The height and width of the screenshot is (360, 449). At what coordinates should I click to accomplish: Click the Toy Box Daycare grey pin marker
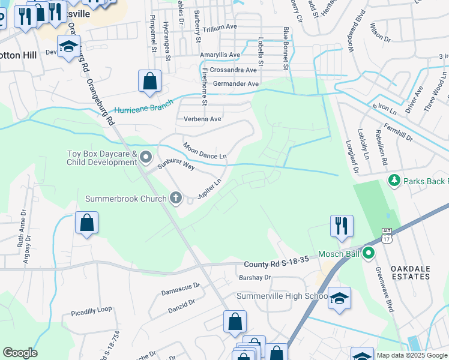pos(146,158)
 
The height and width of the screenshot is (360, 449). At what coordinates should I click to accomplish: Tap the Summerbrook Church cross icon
pos(175,198)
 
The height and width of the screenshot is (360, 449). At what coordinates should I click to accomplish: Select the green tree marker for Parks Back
pos(394,180)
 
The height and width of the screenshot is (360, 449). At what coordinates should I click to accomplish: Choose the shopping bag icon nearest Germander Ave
pos(149,81)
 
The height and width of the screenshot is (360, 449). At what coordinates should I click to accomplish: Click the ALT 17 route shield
pos(386,235)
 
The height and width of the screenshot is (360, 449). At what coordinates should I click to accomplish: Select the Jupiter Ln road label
pos(210,189)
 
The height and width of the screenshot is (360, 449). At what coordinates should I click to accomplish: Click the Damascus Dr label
pos(181,289)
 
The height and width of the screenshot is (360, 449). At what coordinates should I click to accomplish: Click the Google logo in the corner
pos(20,353)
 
